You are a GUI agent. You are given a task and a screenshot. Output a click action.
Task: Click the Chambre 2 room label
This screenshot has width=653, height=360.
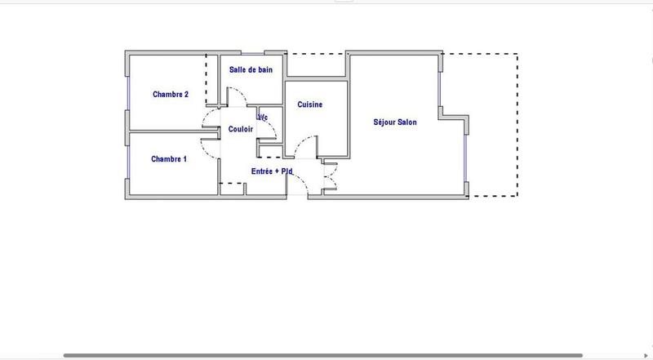coord(171,95)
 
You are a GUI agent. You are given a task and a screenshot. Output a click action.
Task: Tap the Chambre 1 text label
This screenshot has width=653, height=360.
coord(169,159)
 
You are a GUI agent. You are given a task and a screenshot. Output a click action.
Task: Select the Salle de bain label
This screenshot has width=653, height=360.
coord(251,70)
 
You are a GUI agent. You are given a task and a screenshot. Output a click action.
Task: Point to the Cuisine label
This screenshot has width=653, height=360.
coord(309,104)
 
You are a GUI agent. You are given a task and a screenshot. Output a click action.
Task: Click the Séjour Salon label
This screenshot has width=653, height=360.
coord(395,122)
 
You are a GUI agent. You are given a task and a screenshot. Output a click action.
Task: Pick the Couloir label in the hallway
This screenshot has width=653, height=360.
coord(240,129)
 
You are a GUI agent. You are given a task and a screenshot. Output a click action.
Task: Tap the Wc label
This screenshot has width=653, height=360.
coord(263,118)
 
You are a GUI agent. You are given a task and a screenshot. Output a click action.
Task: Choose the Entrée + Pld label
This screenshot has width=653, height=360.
coord(271,171)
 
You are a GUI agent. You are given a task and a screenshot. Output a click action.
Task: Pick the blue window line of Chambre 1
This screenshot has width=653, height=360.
coord(127,160)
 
